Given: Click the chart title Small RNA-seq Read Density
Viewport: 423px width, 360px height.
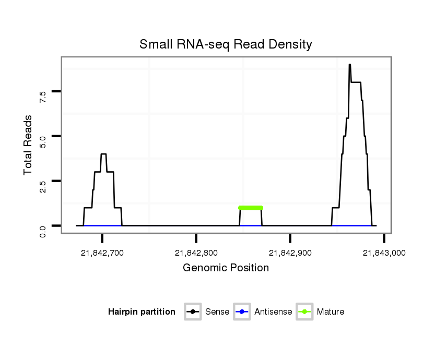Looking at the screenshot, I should (x=226, y=44).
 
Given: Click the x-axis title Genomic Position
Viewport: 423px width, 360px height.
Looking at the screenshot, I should (x=226, y=268).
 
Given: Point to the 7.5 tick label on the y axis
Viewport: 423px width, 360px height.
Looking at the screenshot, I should (x=43, y=96).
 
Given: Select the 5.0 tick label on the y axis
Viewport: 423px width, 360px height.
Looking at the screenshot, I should (x=43, y=141).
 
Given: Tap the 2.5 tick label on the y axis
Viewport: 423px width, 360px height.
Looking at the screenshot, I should (x=43, y=186).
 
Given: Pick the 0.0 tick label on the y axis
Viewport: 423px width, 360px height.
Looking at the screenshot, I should (x=43, y=231).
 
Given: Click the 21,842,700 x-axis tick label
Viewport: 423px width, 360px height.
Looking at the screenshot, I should (x=102, y=253).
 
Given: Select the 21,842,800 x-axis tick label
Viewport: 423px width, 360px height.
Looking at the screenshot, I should (x=196, y=253).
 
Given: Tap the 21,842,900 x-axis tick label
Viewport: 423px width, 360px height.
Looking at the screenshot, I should (x=290, y=253).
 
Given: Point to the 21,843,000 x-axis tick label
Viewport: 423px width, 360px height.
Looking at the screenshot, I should (x=384, y=253).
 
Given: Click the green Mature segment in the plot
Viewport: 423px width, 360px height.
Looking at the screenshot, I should (x=251, y=208).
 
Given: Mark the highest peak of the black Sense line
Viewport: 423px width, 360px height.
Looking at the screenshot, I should (x=349, y=65).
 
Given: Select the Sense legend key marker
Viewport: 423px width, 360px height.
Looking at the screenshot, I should (x=193, y=312).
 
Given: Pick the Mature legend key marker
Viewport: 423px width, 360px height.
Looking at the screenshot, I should (x=304, y=312).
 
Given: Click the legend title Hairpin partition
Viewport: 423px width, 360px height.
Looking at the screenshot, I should (x=142, y=312).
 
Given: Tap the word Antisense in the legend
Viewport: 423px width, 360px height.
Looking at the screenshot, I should (x=273, y=312).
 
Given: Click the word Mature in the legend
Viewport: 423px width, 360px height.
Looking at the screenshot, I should (x=331, y=312).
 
